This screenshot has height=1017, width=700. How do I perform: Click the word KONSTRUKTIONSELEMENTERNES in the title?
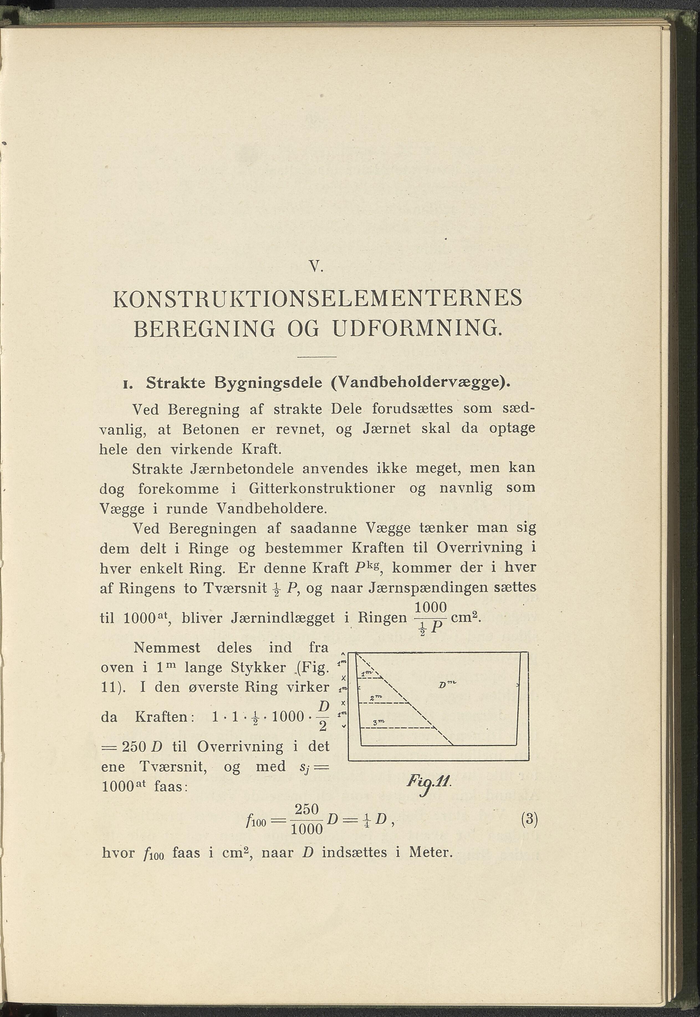point(318,299)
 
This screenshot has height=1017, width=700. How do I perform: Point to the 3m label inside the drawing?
point(378,722)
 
